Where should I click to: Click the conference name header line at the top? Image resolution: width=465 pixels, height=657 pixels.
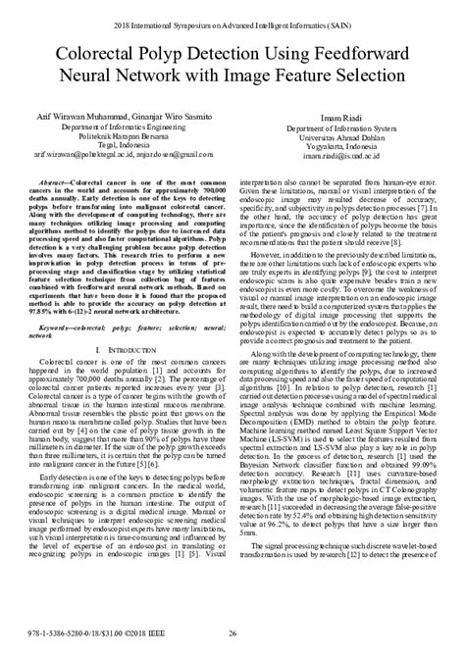pos(232,17)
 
